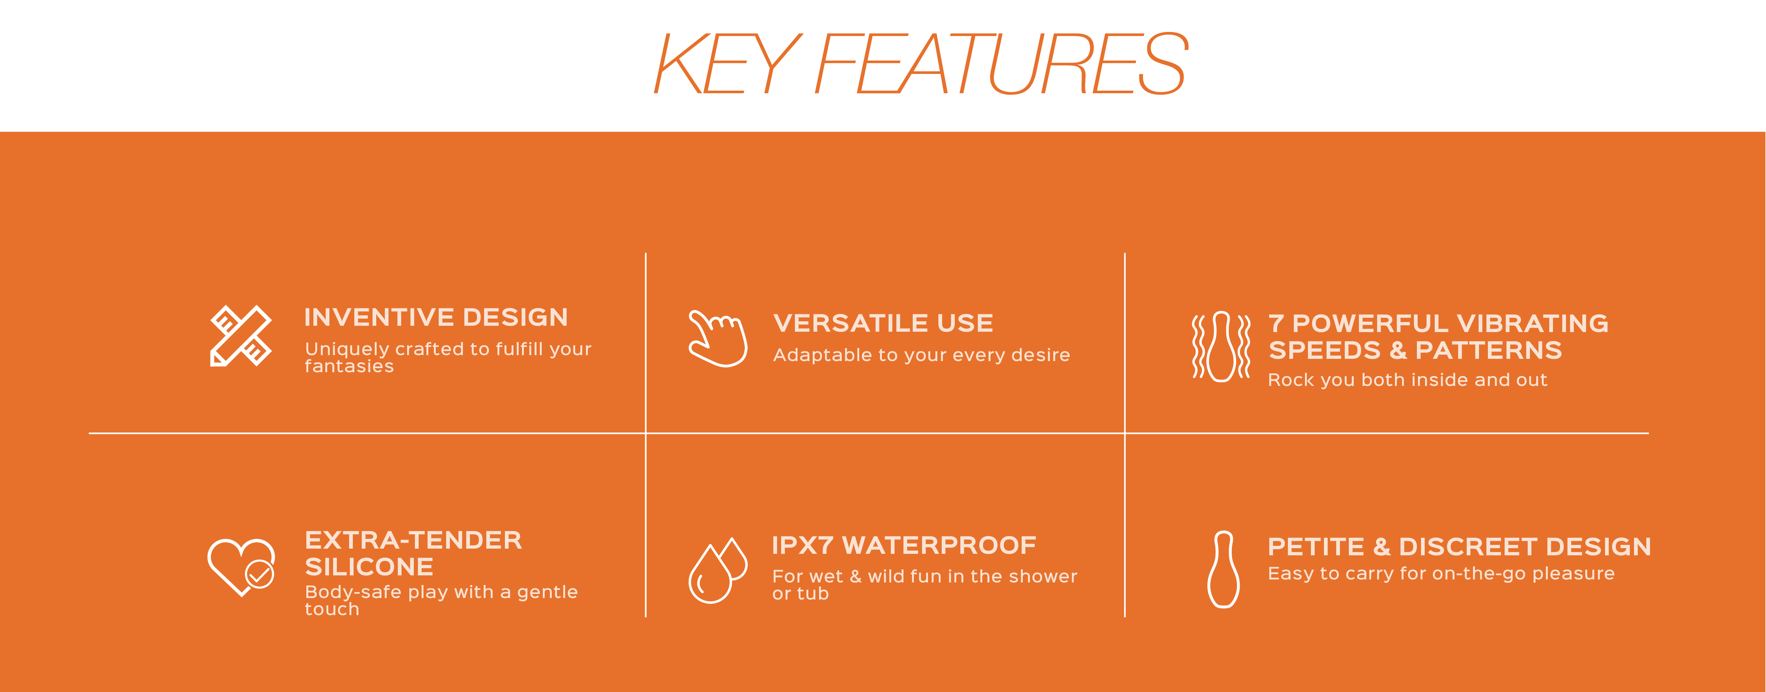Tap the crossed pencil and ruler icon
(x=241, y=336)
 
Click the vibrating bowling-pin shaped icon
(x=1221, y=346)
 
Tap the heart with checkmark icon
(x=241, y=567)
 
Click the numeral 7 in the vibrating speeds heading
(x=1276, y=323)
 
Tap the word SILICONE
(x=369, y=566)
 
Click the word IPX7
(x=802, y=545)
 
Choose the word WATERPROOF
(x=939, y=545)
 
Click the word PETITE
(x=1316, y=547)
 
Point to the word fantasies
(x=349, y=367)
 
